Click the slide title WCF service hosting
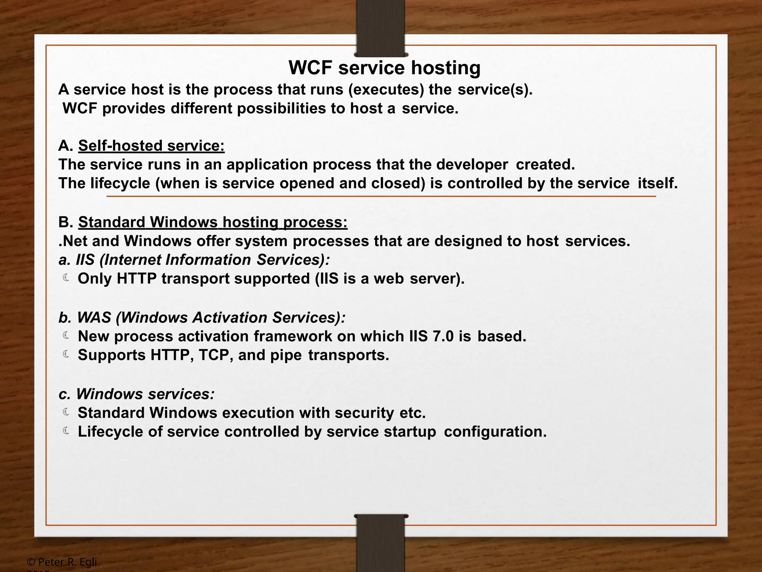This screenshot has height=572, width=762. [384, 68]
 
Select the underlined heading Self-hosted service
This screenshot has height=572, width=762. [151, 146]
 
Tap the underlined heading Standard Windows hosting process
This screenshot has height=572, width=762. [212, 222]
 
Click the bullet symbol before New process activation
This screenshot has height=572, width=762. [66, 336]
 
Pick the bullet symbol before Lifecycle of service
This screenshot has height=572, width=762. [66, 431]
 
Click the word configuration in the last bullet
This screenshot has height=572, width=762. [495, 432]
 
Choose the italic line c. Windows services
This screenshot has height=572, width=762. [137, 394]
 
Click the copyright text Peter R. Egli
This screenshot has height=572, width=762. [63, 562]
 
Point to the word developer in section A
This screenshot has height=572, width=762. [472, 165]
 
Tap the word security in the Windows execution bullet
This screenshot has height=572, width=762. [364, 413]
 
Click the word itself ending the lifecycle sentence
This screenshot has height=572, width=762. [657, 184]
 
